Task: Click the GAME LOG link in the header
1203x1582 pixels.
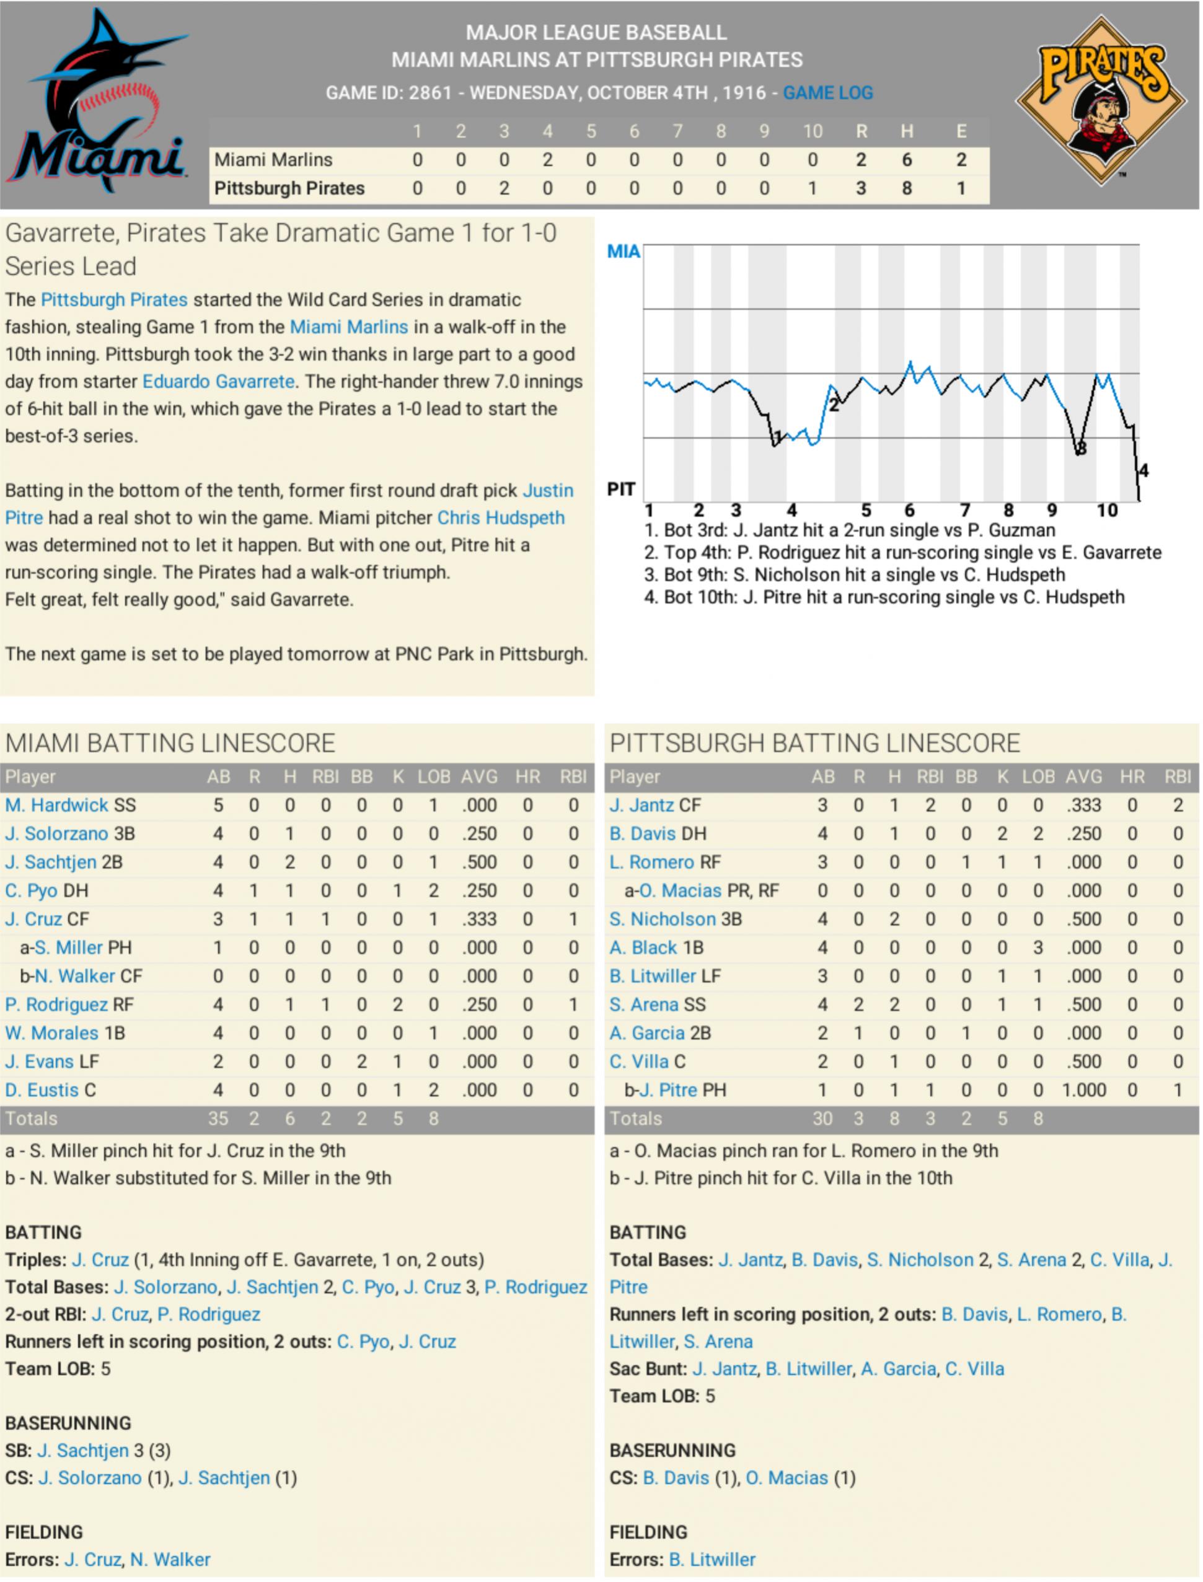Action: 828,92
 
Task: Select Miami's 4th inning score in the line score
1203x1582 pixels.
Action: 547,160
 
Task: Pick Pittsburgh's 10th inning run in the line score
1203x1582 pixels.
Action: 811,188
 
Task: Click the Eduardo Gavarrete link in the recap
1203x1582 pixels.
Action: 218,382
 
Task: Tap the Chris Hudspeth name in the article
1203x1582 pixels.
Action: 501,517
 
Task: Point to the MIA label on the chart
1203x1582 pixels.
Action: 623,251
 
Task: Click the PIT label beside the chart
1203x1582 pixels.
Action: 621,489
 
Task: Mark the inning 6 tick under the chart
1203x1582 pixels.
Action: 909,511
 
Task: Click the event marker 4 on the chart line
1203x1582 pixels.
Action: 1143,470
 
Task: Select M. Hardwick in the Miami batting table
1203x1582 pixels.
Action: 56,806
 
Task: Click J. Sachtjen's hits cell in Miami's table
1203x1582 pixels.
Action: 289,863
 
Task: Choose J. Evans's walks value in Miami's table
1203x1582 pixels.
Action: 361,1061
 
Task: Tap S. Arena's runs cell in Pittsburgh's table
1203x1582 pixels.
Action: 858,1005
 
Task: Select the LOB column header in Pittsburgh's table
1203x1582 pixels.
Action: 1038,776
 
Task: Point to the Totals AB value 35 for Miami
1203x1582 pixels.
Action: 218,1119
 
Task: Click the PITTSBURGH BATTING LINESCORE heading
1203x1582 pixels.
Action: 814,743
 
